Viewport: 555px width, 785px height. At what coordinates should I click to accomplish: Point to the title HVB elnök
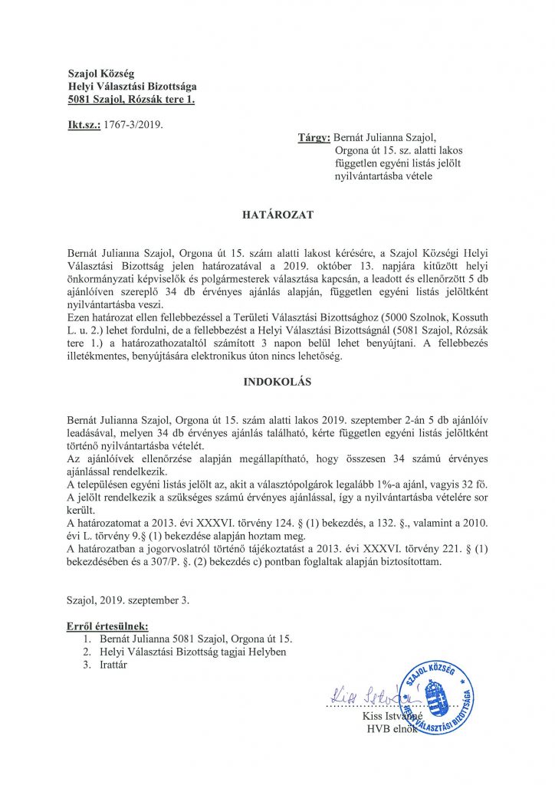tap(392, 728)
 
